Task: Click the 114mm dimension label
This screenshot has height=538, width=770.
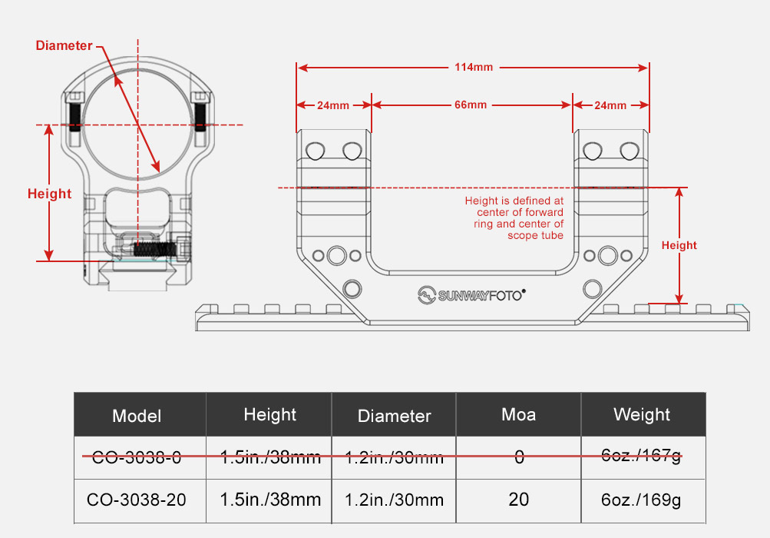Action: (x=474, y=67)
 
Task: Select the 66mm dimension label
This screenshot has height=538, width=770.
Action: (x=471, y=105)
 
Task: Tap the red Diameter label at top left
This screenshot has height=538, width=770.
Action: (x=64, y=46)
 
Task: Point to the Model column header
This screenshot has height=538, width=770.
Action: (x=137, y=416)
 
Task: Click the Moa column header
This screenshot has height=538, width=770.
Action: (x=518, y=414)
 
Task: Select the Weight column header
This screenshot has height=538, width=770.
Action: (x=641, y=414)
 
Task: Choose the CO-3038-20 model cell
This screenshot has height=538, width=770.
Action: (x=137, y=500)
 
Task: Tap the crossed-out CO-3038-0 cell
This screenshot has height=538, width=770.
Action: (x=137, y=457)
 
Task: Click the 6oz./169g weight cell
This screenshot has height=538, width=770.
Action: (x=641, y=500)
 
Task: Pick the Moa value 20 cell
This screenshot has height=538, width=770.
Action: (x=518, y=500)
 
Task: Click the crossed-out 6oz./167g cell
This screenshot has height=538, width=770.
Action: (x=641, y=456)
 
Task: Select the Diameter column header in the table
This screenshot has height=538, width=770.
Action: (x=395, y=416)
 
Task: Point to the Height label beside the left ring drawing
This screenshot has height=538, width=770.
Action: (x=50, y=194)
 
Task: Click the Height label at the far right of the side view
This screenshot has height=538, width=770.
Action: (x=679, y=245)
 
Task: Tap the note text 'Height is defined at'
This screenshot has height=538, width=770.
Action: (x=514, y=201)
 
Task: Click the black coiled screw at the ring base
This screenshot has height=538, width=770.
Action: (x=154, y=250)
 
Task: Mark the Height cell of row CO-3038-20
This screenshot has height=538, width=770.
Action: (x=270, y=500)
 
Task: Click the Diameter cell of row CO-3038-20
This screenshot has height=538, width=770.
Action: (x=395, y=500)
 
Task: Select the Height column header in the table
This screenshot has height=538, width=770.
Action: (x=270, y=415)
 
